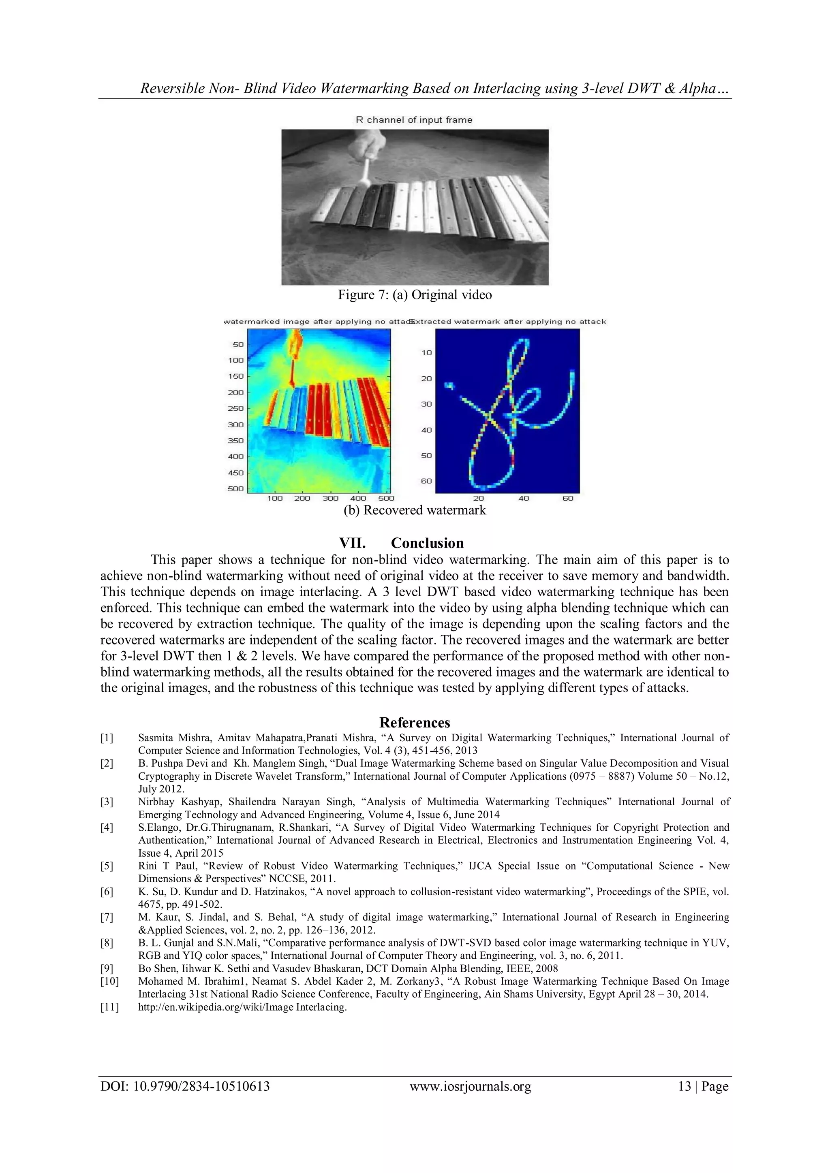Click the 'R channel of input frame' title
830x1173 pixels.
[414, 120]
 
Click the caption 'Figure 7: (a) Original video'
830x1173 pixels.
[415, 295]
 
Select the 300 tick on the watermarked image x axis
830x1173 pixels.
[330, 498]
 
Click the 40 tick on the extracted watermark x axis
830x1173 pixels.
[523, 498]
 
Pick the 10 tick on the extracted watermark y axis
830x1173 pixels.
[426, 352]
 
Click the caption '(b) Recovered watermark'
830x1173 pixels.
[415, 510]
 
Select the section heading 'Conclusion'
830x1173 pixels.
[427, 543]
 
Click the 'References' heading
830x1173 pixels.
[415, 723]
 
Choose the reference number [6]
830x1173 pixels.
[107, 891]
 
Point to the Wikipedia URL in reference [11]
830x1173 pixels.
[242, 1007]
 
